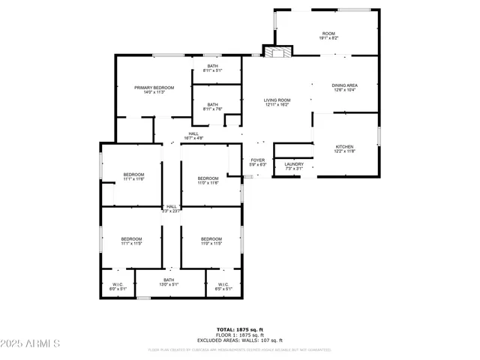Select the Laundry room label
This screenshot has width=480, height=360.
294,166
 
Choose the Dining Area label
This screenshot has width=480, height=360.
344,87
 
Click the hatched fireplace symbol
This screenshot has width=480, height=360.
276,52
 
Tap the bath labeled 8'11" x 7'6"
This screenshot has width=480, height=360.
213,106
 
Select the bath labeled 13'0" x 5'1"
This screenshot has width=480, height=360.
169,282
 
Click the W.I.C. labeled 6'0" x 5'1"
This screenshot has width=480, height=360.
118,286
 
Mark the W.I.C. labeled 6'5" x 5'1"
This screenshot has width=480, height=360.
223,286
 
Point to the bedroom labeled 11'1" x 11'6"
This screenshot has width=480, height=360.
133,177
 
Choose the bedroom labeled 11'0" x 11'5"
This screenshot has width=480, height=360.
211,241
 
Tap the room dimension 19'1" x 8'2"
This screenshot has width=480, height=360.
328,37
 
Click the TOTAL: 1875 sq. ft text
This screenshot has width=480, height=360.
240,329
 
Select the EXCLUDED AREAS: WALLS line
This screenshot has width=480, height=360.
240,340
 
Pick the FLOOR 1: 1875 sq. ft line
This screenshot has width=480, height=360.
240,334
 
